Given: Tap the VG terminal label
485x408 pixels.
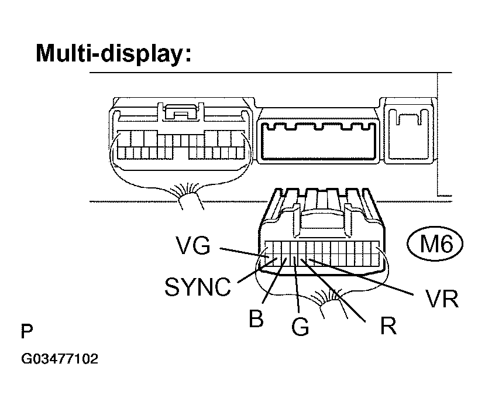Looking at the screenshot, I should [192, 246].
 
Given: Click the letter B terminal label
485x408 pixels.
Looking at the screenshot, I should [256, 319].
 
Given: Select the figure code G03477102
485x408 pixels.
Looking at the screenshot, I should [60, 358].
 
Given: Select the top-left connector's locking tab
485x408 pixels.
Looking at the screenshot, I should [181, 112].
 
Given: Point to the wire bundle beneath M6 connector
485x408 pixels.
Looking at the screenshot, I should [331, 304].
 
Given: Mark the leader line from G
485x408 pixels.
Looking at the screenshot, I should [297, 287].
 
